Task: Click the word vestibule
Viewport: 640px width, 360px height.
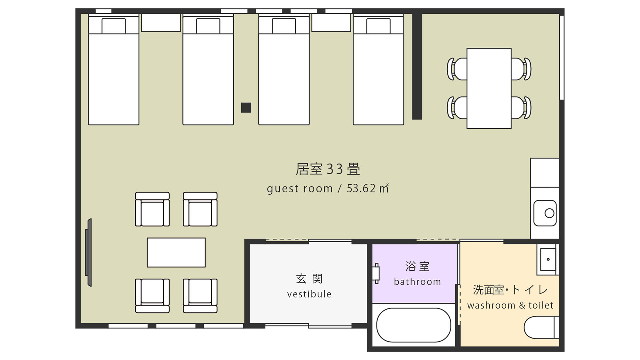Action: pos(309,294)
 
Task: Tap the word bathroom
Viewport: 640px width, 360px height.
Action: pos(417,282)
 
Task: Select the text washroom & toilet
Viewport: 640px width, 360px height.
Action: pos(510,305)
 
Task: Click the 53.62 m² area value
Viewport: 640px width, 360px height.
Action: pos(368,188)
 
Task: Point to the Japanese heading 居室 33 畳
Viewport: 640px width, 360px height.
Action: pos(328,169)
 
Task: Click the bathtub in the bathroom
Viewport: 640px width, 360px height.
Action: pos(414,325)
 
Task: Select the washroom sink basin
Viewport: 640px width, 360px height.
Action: pos(548,259)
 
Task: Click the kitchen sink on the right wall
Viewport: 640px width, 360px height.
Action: pos(545,213)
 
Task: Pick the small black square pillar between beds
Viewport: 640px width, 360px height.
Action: pos(246,108)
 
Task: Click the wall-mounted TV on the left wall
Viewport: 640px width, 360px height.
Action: pos(89,252)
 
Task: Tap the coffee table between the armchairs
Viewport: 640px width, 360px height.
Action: pos(176,252)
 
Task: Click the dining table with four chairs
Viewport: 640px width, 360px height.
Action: pos(489,88)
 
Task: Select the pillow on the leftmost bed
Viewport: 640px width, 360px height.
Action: pos(114,26)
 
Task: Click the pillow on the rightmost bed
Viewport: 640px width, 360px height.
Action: pos(378,26)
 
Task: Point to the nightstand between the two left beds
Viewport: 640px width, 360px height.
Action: pos(161,22)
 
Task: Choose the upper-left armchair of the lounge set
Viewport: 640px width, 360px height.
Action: pos(152,209)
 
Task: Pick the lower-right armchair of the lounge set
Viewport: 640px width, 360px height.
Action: pos(200,296)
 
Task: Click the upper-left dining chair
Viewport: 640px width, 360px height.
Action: pos(457,69)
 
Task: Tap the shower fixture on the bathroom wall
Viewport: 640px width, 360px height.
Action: pos(376,274)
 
